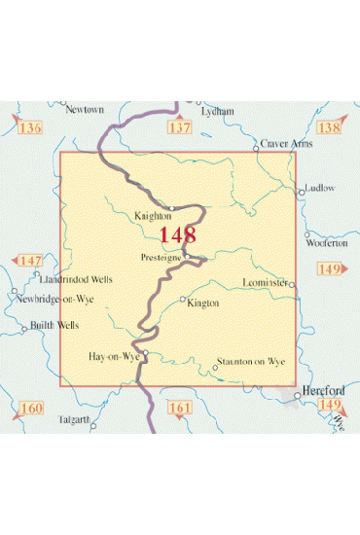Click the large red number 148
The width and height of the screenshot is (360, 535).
tap(178, 235)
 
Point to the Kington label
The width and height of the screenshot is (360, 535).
tap(203, 303)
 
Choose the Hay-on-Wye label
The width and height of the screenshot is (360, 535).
tap(114, 356)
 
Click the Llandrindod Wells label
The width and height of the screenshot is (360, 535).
tap(77, 279)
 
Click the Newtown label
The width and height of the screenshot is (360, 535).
tap(84, 110)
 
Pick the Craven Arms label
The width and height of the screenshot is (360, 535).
tap(286, 143)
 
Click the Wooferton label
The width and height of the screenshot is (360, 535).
tap(327, 243)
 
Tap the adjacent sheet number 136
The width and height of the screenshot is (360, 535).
tap(30, 128)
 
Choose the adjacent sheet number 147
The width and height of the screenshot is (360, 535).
tap(31, 261)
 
